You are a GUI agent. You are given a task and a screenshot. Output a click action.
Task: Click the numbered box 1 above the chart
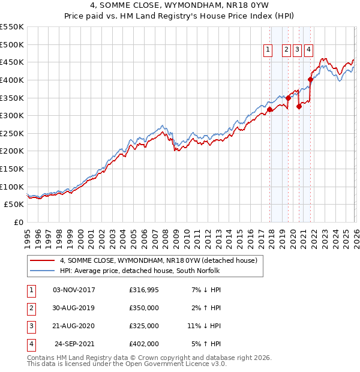tap(267, 50)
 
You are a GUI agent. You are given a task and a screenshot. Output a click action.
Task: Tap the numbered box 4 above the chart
tap(308, 50)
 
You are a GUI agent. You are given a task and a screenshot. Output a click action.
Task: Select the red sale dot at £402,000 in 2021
tap(310, 79)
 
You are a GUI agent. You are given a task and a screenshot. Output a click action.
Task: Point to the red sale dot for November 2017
tap(269, 109)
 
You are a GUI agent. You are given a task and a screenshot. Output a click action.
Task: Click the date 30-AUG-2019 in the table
tap(73, 308)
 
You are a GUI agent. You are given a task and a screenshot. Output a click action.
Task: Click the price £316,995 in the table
tap(144, 290)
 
